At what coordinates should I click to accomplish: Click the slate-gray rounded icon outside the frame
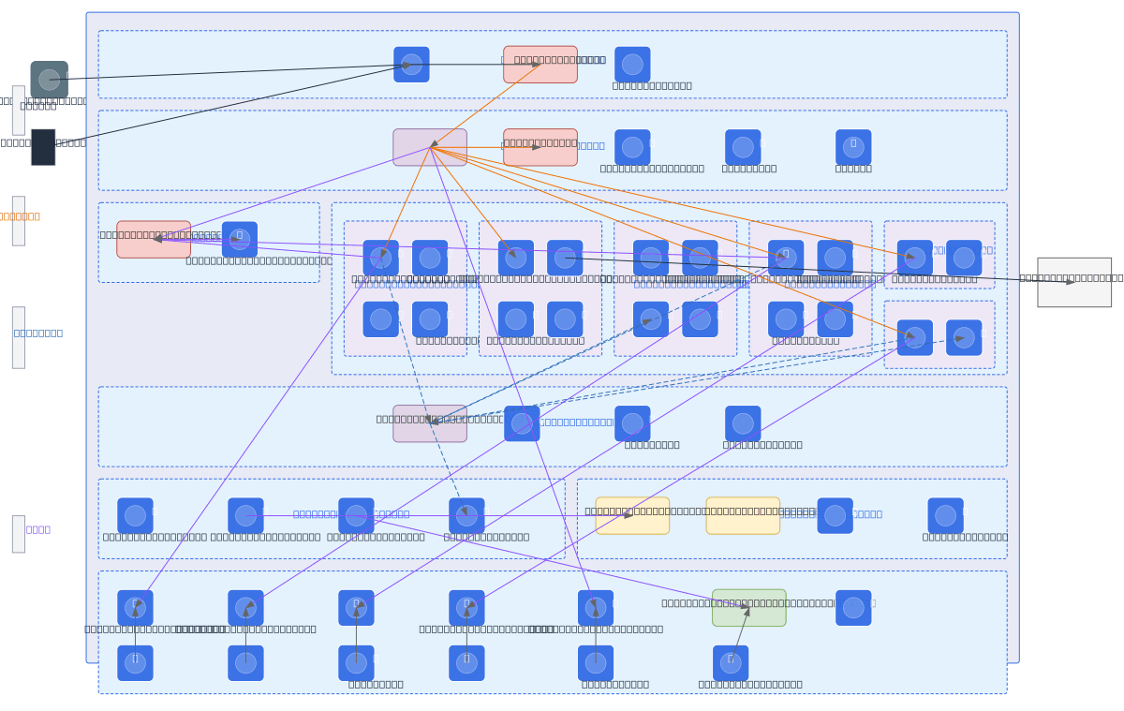click(49, 80)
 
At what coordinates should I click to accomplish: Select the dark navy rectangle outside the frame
click(43, 147)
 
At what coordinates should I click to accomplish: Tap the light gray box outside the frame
click(1073, 282)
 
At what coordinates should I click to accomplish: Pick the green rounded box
click(748, 608)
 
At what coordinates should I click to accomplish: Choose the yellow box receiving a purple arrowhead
click(632, 515)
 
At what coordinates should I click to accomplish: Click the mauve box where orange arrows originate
click(430, 147)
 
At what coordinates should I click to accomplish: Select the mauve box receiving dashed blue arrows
click(430, 423)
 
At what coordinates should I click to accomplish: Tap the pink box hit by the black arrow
click(540, 65)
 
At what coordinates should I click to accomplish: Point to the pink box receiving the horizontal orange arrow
click(540, 147)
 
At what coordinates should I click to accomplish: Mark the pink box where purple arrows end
click(154, 240)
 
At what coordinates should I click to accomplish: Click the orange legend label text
click(20, 216)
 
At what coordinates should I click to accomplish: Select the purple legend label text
click(38, 529)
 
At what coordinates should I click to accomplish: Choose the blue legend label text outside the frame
click(38, 333)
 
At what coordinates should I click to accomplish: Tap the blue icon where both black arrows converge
click(411, 65)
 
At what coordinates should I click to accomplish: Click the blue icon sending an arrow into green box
click(731, 662)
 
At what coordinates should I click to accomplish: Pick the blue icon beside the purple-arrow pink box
click(240, 240)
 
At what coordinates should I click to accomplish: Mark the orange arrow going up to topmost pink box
click(485, 105)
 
